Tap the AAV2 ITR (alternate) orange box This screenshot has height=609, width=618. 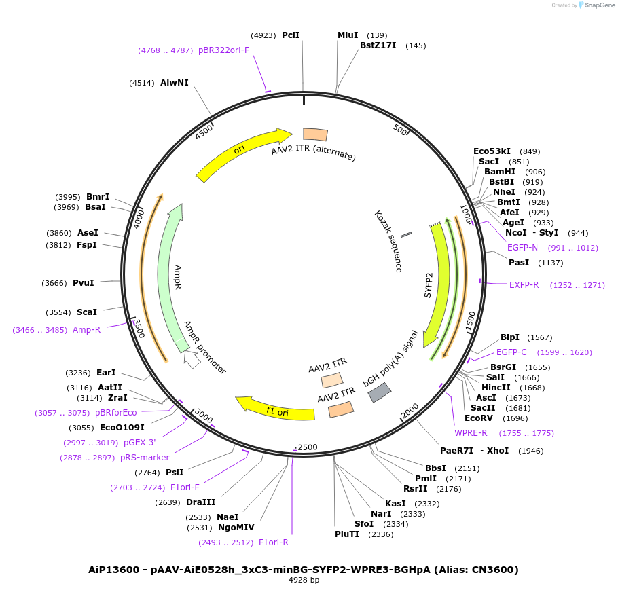315,134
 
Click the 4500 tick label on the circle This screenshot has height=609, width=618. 204,132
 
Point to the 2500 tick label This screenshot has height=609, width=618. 307,447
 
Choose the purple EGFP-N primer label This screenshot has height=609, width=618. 522,248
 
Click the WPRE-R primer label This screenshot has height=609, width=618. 471,433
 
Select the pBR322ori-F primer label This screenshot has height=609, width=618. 223,50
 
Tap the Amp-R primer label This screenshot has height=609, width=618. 86,330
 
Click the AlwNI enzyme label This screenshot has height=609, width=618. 175,83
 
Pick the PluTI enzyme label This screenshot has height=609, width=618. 346,534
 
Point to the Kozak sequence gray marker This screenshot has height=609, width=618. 406,234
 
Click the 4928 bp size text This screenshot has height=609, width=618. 304,580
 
